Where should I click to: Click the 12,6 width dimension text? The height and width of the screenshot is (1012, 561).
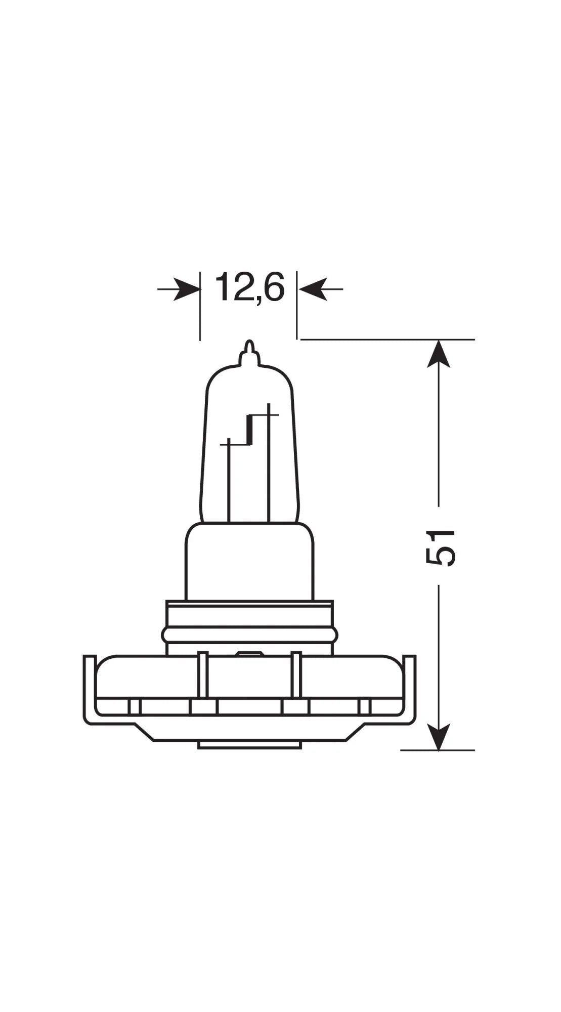click(249, 287)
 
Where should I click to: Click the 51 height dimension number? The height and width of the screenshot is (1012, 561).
click(440, 547)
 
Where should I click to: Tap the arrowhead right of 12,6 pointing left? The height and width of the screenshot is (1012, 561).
click(313, 289)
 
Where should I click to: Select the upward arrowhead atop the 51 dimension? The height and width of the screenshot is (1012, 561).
click(439, 354)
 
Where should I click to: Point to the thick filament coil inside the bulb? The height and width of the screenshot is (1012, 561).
click(249, 430)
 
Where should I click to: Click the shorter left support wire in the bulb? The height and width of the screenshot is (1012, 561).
click(229, 481)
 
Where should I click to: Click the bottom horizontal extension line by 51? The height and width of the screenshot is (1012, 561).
click(438, 750)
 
